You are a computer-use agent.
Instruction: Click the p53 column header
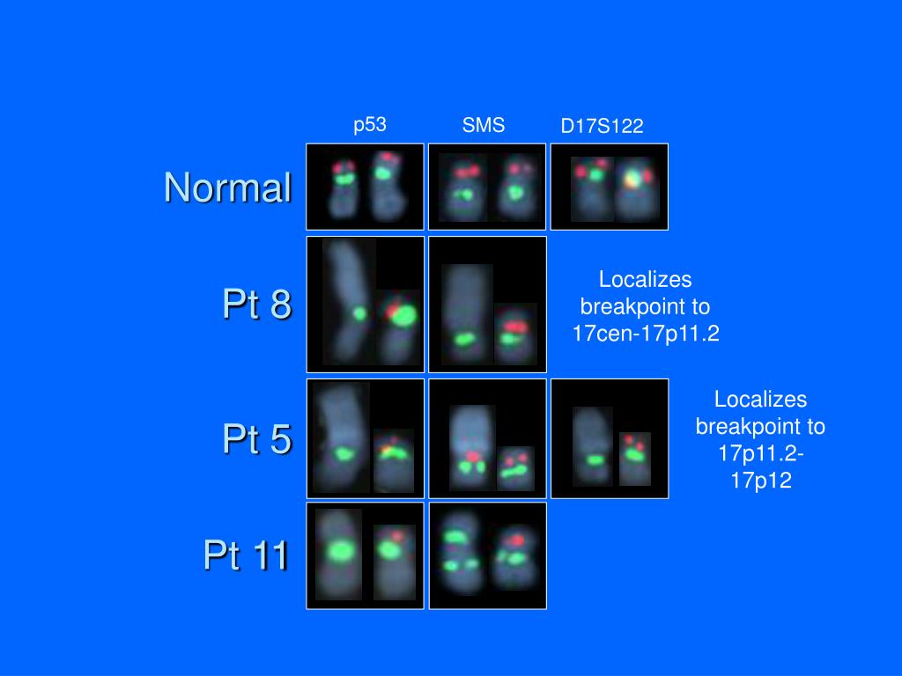point(369,125)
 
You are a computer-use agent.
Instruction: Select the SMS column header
point(484,125)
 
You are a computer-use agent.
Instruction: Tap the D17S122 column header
point(602,126)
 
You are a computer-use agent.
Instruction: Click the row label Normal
point(228,187)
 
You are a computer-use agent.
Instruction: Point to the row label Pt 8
point(257,303)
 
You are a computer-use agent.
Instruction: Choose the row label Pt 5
point(257,438)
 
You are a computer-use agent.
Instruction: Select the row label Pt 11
point(246,555)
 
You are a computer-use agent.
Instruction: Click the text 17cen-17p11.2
point(646,334)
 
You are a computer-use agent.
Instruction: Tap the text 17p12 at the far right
point(760,480)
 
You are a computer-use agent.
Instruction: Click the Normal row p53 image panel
point(366,187)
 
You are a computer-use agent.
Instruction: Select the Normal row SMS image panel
point(487,187)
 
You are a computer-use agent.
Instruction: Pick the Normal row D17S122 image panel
point(610,187)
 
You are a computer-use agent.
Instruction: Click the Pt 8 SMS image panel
point(487,304)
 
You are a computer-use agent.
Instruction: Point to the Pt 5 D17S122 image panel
point(610,438)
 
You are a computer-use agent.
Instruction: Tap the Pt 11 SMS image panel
point(487,555)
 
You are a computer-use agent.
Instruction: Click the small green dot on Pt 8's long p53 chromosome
point(359,314)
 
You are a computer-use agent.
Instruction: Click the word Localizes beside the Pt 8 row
point(646,279)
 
